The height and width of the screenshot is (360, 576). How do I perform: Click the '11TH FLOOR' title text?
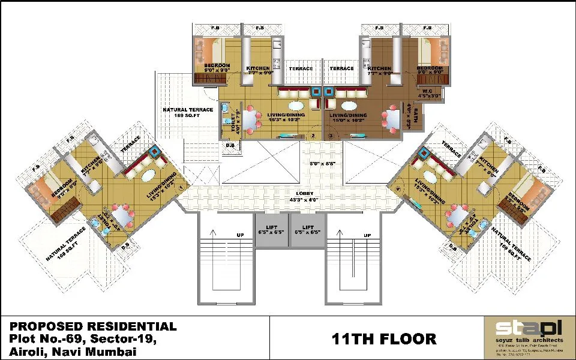coord(385,339)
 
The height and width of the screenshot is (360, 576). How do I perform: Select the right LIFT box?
coord(308,230)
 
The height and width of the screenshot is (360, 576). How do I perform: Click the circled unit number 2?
coord(313,136)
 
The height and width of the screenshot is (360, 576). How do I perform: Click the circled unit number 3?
coord(331,136)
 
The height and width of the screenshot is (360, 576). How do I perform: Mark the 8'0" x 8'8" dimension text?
coord(323,163)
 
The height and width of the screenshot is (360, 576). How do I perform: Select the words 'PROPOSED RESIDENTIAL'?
coord(93,327)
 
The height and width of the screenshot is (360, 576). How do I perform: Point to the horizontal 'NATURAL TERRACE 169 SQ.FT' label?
coord(188,113)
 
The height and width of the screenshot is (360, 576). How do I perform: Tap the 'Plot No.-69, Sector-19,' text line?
coord(83,340)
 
